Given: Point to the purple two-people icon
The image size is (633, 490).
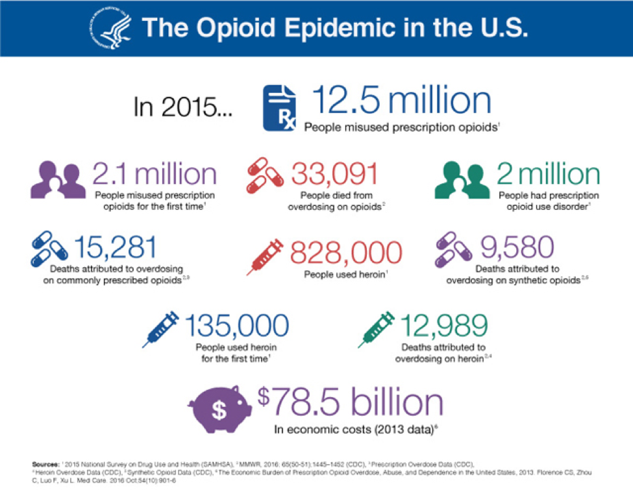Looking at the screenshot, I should [x=57, y=180].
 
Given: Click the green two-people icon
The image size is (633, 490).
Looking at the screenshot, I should [x=462, y=180].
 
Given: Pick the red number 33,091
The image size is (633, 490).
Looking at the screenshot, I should [x=334, y=174].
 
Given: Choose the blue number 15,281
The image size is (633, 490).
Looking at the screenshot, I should [x=115, y=248].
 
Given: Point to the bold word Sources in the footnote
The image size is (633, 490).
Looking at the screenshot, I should [x=45, y=464].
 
